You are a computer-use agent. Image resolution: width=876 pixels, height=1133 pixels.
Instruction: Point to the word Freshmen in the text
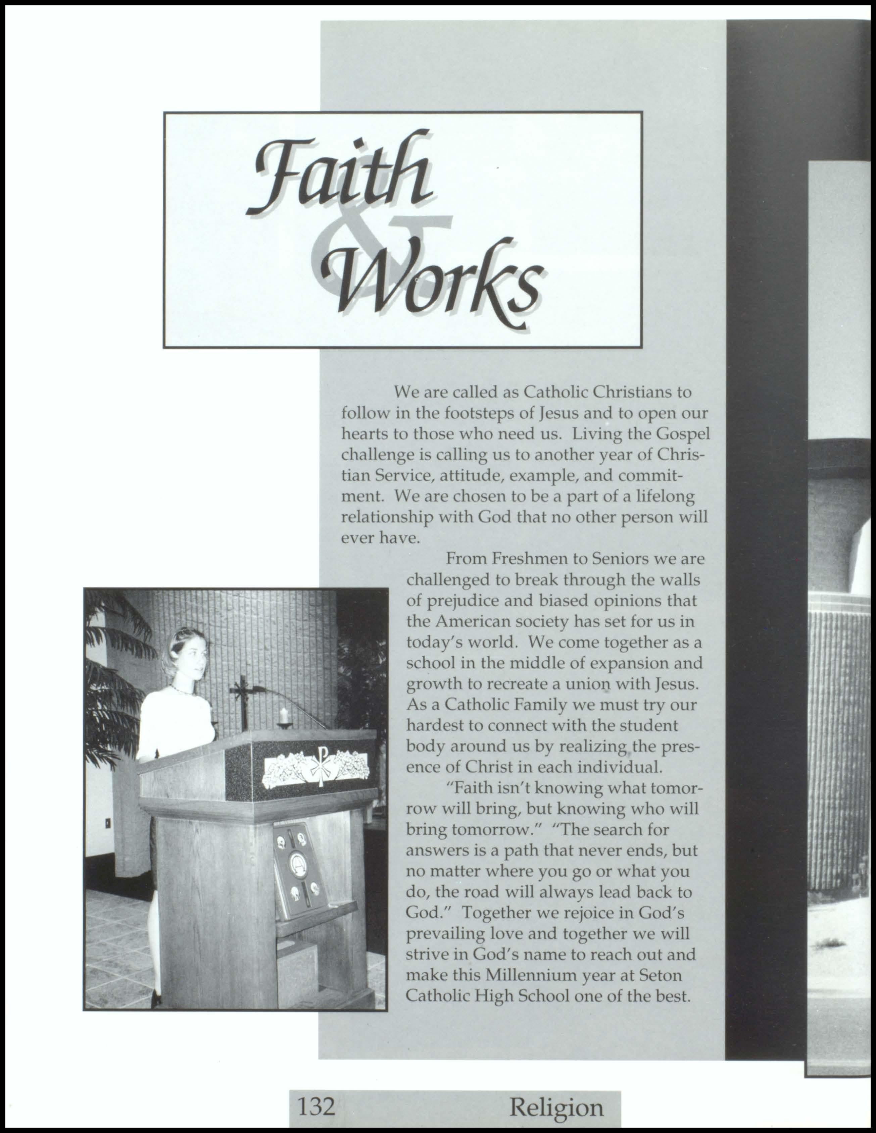click(525, 559)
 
